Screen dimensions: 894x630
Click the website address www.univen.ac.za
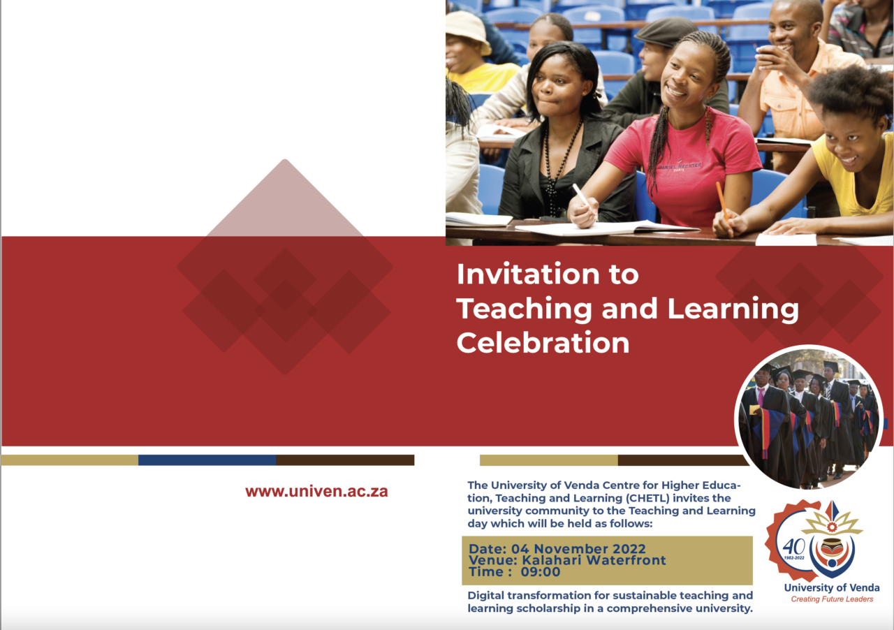(x=316, y=491)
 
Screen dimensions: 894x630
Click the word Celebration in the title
(x=543, y=343)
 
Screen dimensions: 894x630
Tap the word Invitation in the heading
(x=527, y=274)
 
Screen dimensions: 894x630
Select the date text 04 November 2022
(x=578, y=548)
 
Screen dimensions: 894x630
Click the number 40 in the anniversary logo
(x=793, y=546)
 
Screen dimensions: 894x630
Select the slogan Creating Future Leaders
(x=832, y=599)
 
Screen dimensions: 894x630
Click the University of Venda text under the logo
(x=832, y=587)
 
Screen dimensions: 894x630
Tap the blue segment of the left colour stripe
(x=207, y=460)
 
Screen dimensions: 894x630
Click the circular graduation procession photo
(x=809, y=418)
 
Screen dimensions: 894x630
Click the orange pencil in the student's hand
(x=721, y=200)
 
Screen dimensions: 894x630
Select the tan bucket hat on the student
(x=468, y=32)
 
